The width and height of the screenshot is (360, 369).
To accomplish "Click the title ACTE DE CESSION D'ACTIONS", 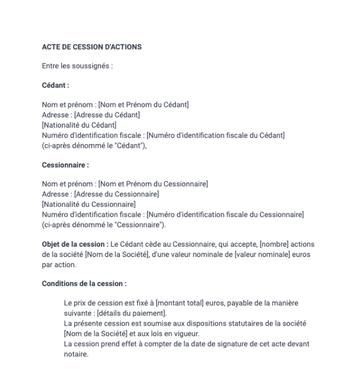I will pyautogui.click(x=91, y=47).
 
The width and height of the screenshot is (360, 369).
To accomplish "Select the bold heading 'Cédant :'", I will pyautogui.click(x=55, y=85).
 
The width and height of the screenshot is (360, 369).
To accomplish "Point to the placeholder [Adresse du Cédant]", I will pyautogui.click(x=106, y=115).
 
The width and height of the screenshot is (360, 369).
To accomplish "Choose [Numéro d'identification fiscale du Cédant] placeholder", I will pyautogui.click(x=216, y=135).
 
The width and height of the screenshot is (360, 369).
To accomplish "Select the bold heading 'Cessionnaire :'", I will pyautogui.click(x=65, y=165).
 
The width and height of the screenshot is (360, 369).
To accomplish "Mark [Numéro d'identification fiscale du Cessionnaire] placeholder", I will pyautogui.click(x=225, y=214).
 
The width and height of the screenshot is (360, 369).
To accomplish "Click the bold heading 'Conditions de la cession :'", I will pyautogui.click(x=84, y=284).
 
